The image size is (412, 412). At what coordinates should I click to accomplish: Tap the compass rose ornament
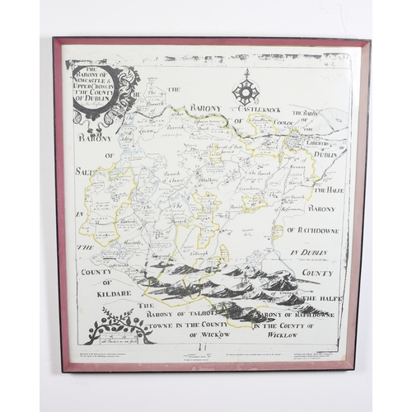[x=246, y=87]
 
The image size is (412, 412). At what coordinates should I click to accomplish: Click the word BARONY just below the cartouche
[x=96, y=138]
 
